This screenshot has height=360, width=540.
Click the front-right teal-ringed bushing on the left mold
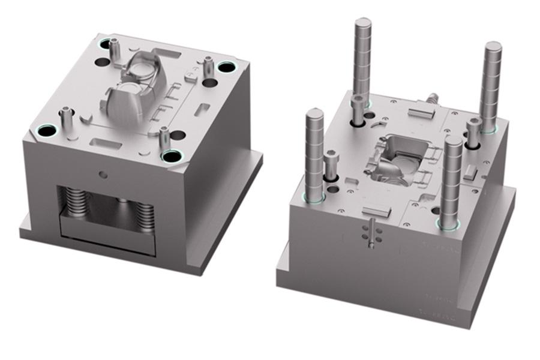coord(172,156)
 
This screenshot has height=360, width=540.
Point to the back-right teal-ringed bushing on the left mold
coord(227,67)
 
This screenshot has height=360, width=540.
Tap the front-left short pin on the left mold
coord(65,116)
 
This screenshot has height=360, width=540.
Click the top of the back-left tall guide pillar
coord(363,23)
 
